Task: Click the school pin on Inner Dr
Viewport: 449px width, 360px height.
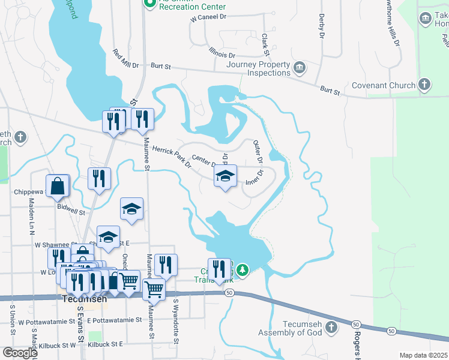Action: pyautogui.click(x=225, y=176)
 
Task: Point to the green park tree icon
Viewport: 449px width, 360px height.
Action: pyautogui.click(x=243, y=270)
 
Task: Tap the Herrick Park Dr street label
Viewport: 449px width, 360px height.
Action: pyautogui.click(x=170, y=155)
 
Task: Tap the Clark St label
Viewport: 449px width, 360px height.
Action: pyautogui.click(x=264, y=41)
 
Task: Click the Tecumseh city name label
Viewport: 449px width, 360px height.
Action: pyautogui.click(x=82, y=304)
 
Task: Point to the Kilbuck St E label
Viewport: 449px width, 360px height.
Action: pyautogui.click(x=104, y=344)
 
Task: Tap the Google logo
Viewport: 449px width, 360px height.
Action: pyautogui.click(x=19, y=352)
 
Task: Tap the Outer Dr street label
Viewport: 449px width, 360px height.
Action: pyautogui.click(x=258, y=152)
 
